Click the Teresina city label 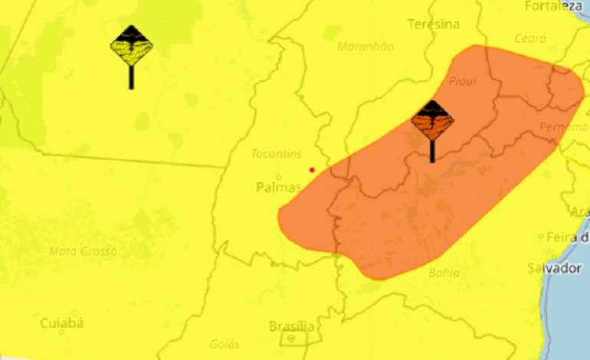click(434, 25)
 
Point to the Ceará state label click(530, 38)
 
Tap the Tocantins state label click(277, 154)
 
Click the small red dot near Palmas click(312, 169)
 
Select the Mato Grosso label click(83, 250)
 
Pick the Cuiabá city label click(61, 322)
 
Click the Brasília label click(291, 326)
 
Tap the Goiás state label click(225, 344)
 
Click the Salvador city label click(554, 268)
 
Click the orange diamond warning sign click(432, 121)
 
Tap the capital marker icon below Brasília click(291, 339)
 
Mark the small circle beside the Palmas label click(277, 177)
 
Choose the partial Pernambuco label click(564, 126)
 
